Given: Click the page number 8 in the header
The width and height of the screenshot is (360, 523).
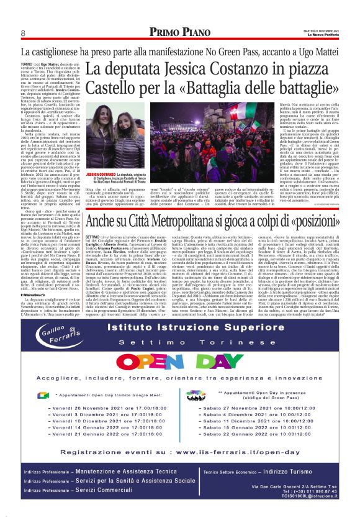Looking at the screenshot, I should pos(22,32).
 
